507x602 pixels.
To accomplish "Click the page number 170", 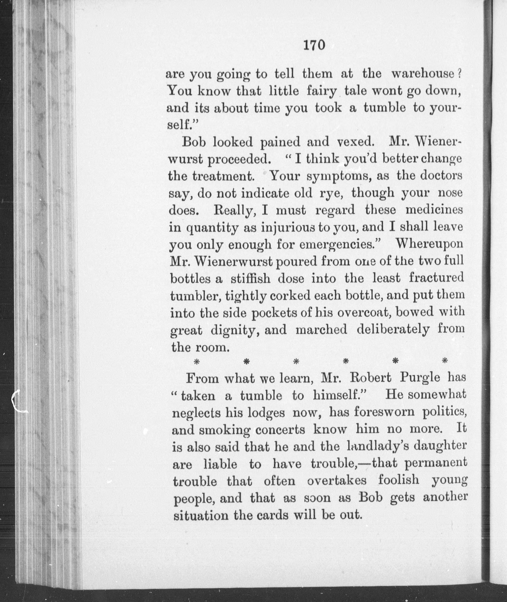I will (x=314, y=45).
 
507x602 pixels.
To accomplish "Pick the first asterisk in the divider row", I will (x=197, y=361).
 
